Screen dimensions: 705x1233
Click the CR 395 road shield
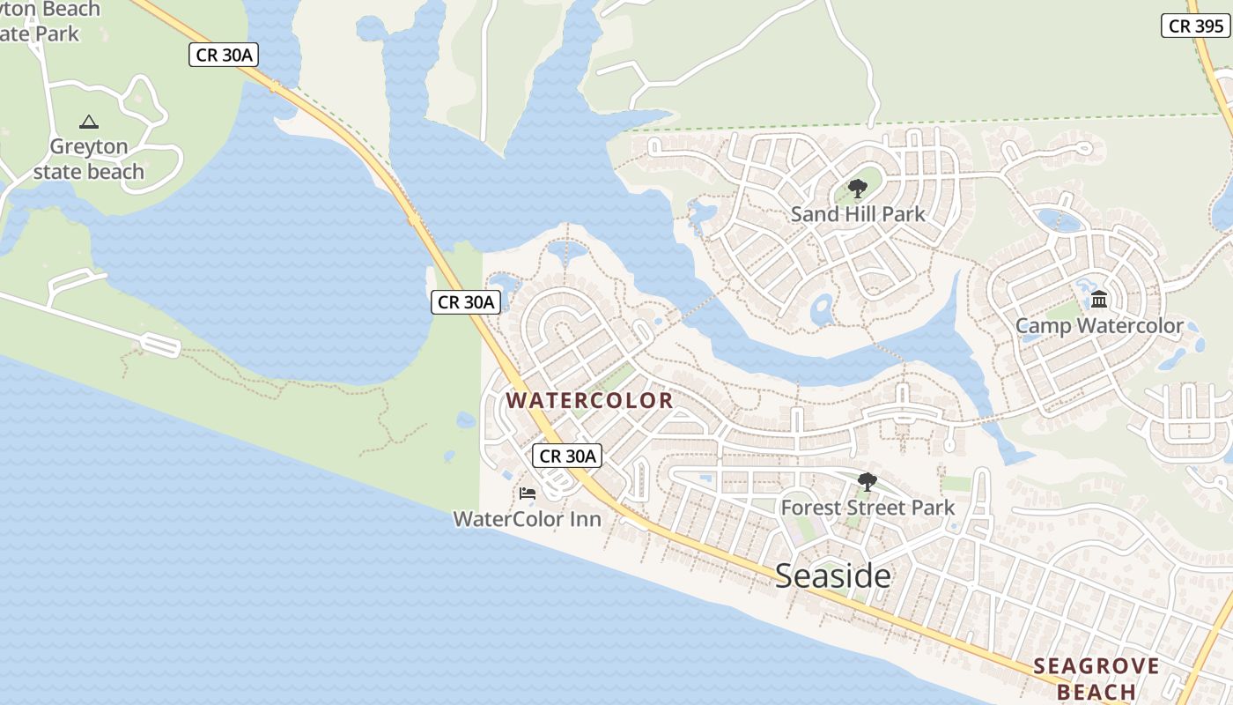click(1195, 26)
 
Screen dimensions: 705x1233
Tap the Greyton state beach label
click(89, 159)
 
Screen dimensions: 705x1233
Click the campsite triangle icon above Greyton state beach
click(88, 122)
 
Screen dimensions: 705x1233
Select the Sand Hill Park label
click(858, 213)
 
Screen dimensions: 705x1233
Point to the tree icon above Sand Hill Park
click(857, 188)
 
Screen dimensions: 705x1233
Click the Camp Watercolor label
click(1099, 326)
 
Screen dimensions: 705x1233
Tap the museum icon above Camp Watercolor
click(1099, 300)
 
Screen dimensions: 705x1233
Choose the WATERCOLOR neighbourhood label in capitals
click(589, 400)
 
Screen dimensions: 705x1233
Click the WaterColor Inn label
click(527, 519)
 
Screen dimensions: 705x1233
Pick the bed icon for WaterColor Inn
click(528, 493)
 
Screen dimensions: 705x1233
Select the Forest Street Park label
click(868, 508)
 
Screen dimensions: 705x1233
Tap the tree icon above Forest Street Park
click(868, 481)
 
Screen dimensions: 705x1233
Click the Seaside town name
click(833, 575)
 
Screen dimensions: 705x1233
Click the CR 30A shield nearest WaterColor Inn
click(568, 456)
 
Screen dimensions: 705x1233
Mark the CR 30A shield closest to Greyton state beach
click(224, 55)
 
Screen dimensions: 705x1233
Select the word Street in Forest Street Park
click(869, 508)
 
